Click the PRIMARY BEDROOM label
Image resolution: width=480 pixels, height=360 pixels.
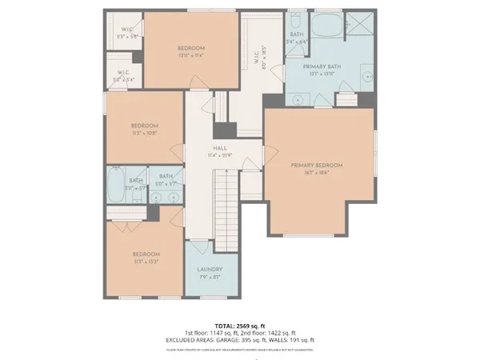[x=317, y=165]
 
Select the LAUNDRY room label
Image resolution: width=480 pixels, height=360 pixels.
[x=210, y=270]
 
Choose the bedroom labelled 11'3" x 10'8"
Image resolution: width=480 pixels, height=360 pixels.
[x=144, y=129]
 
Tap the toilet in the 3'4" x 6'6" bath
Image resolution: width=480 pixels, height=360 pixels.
[x=298, y=19]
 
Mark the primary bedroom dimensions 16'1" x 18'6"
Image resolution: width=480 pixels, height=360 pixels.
[x=317, y=172]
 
